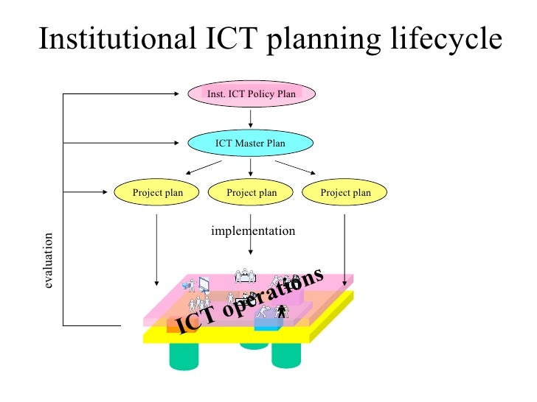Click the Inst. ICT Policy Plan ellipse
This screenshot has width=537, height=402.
tap(252, 94)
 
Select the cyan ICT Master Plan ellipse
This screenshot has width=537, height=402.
tap(250, 143)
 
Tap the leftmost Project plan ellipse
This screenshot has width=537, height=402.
tap(157, 193)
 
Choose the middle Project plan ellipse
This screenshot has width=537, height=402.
tap(252, 193)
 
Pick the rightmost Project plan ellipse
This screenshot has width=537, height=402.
tap(346, 193)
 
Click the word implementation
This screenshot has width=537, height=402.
tap(253, 231)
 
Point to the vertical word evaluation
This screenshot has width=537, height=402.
tap(49, 261)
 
